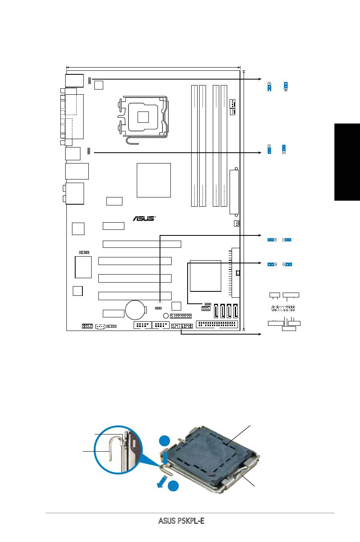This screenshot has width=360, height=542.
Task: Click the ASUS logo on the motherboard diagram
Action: tap(144, 218)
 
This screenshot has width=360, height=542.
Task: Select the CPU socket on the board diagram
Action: tap(143, 117)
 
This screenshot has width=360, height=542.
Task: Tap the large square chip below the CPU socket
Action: tap(154, 180)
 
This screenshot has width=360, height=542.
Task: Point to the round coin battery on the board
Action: tap(135, 310)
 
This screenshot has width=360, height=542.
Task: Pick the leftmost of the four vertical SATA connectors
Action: tap(216, 311)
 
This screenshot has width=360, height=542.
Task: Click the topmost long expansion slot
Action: tap(142, 244)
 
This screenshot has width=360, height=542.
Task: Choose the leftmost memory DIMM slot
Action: tap(194, 146)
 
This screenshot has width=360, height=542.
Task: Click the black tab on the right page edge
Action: tap(347, 162)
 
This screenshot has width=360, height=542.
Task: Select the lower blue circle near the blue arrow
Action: tap(173, 486)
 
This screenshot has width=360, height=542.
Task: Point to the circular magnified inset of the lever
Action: tap(118, 450)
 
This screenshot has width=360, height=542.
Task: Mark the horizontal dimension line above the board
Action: tap(153, 68)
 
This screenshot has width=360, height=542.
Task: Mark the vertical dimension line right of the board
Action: tap(244, 201)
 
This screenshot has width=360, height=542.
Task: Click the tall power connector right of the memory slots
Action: tap(234, 192)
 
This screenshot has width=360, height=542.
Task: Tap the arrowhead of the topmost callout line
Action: tap(260, 79)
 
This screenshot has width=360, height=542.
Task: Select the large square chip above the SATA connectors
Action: tap(206, 276)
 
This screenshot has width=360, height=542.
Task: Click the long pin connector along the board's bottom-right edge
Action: tap(217, 324)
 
